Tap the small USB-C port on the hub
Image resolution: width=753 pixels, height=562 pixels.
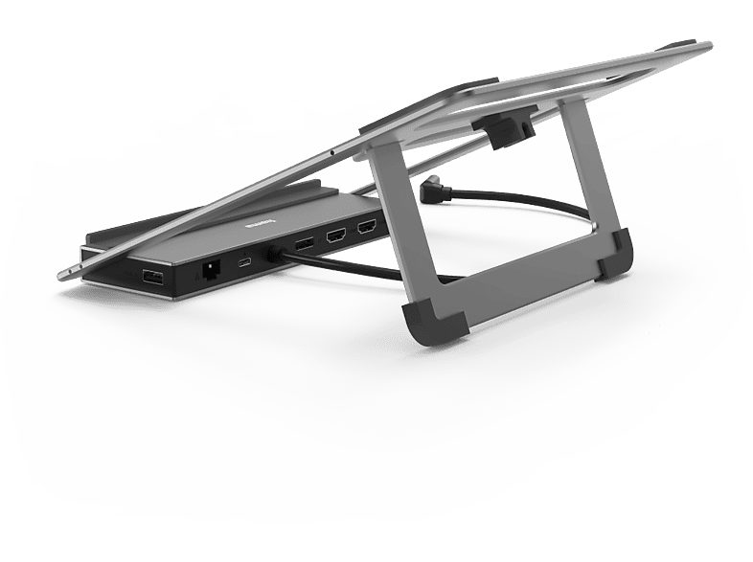click(245, 260)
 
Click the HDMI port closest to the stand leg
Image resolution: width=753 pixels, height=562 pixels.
click(367, 228)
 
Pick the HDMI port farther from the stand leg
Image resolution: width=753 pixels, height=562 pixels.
click(335, 236)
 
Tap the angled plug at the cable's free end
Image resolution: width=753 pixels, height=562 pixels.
click(433, 192)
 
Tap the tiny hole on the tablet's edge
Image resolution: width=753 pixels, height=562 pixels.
click(331, 151)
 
